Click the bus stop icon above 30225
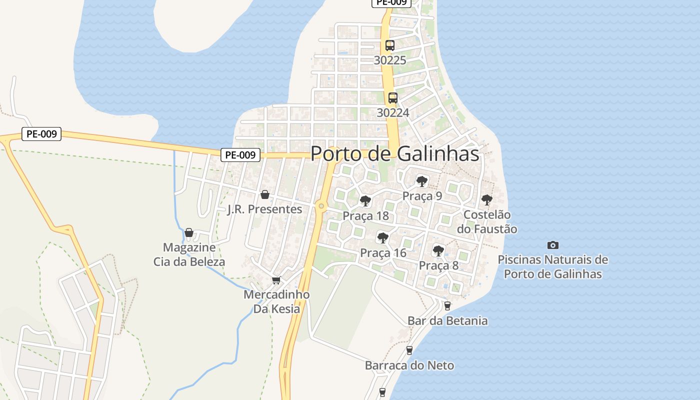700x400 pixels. [x=390, y=45]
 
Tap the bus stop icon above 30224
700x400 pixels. [x=393, y=98]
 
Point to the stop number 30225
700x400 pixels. [x=390, y=60]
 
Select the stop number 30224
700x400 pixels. [x=393, y=113]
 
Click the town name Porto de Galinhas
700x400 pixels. [x=395, y=154]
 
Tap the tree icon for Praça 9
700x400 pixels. [x=422, y=181]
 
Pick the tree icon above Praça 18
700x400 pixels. [x=365, y=201]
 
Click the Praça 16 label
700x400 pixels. [x=383, y=253]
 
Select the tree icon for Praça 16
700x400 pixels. [x=383, y=237]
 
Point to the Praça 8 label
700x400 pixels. [x=438, y=265]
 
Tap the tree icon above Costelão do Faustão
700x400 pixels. [x=486, y=200]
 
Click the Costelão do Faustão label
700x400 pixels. [x=487, y=222]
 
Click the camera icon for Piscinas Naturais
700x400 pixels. [x=552, y=245]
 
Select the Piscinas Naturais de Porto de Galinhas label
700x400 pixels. [x=552, y=267]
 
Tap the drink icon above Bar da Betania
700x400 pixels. [x=447, y=305]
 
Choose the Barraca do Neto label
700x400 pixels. [x=409, y=365]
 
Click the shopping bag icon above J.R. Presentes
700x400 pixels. [x=265, y=194]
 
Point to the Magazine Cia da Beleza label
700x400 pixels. [x=189, y=254]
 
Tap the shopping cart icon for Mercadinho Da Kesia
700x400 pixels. [x=276, y=280]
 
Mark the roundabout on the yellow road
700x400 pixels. [x=321, y=205]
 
